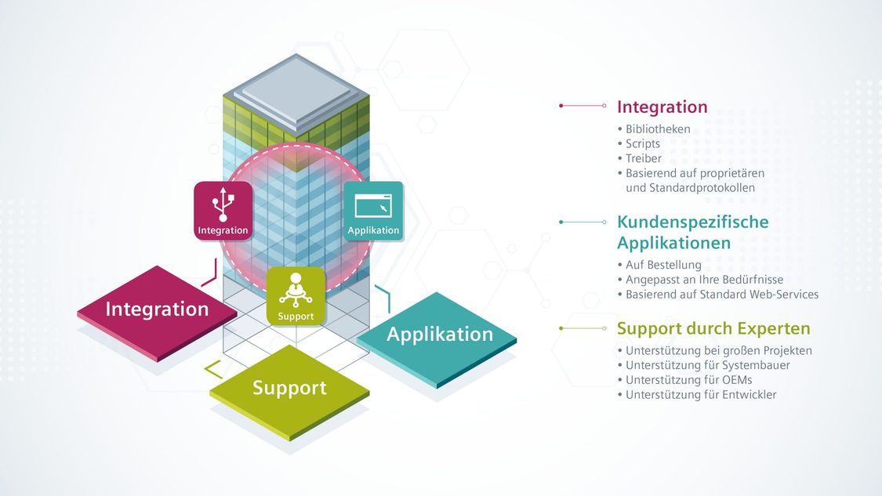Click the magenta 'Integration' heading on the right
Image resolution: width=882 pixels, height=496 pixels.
point(662,107)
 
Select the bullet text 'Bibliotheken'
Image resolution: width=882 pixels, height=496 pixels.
point(658,129)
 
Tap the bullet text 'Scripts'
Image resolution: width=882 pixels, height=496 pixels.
point(643,144)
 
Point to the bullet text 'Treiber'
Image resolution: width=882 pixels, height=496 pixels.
point(644,158)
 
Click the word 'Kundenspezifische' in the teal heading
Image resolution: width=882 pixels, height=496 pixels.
point(693,222)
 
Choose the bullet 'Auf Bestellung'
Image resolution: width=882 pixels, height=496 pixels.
point(663,265)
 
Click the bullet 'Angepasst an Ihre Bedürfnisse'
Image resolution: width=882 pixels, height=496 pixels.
point(704,280)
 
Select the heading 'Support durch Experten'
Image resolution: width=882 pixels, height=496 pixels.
point(713,328)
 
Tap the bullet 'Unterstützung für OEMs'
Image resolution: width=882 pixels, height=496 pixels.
point(688,380)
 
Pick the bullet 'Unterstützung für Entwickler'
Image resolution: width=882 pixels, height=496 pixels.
point(701,395)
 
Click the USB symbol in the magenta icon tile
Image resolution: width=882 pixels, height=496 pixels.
point(223,205)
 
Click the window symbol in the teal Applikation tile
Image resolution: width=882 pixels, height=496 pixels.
point(373,206)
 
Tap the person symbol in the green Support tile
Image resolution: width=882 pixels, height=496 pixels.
point(296,290)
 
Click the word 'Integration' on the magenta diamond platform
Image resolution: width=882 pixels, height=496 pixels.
point(157,309)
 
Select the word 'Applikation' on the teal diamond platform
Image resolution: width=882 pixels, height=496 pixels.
point(440,334)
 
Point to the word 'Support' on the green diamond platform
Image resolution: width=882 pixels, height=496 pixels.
point(289,387)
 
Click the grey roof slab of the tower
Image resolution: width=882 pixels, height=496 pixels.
point(296,91)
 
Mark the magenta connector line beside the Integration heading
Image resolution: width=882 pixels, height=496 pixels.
point(583,106)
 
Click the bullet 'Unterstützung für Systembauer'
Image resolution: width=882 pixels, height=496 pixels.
point(708,365)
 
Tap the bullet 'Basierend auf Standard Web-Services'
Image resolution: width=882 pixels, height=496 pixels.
point(722,294)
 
